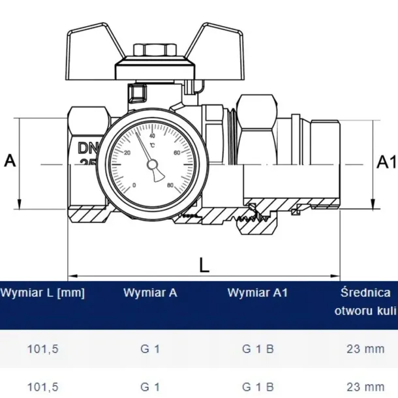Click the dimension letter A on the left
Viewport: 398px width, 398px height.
[x=10, y=161]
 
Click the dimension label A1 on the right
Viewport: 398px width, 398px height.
[x=385, y=161]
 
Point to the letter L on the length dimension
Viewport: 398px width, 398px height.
[x=204, y=264]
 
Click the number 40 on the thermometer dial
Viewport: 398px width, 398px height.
[x=152, y=136]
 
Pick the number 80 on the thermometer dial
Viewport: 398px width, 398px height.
[x=170, y=185]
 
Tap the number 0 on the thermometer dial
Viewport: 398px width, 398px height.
[x=134, y=185]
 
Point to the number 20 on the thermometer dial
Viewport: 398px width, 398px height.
[x=128, y=153]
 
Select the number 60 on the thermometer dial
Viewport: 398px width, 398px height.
[x=176, y=153]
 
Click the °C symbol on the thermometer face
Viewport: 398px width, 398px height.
[x=152, y=145]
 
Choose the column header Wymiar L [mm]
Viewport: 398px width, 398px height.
[x=42, y=293]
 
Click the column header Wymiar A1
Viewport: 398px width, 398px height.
[x=250, y=293]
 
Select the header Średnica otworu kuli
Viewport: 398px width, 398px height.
[x=365, y=301]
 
